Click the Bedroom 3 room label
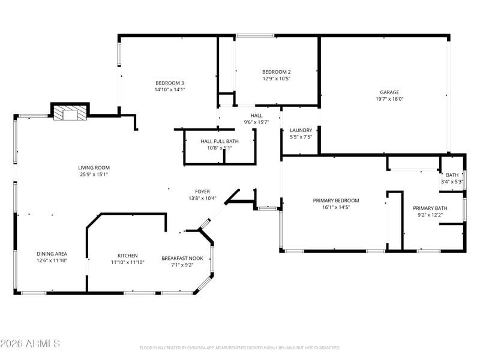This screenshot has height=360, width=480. click(x=170, y=83)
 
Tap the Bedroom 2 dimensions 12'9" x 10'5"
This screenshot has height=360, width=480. click(x=277, y=79)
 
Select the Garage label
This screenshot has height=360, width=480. click(x=389, y=92)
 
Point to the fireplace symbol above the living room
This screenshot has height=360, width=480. click(x=70, y=113)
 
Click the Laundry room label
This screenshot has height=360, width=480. click(x=301, y=130)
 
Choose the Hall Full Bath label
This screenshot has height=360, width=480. click(x=220, y=141)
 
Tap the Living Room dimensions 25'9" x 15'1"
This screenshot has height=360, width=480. click(x=94, y=175)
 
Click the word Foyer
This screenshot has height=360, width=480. click(x=202, y=191)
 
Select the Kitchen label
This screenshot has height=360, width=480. click(x=128, y=256)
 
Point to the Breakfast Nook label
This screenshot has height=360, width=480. click(x=182, y=259)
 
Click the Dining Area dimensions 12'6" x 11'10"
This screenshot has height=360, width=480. click(x=52, y=260)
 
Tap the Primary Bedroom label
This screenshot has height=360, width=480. click(x=336, y=200)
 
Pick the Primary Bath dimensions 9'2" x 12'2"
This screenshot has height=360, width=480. click(x=430, y=215)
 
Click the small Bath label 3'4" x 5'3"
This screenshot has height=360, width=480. click(x=452, y=178)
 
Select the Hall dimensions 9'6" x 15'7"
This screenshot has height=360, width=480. click(x=256, y=122)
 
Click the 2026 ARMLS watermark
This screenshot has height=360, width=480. click(x=30, y=343)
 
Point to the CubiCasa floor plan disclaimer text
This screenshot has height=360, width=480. click(x=239, y=348)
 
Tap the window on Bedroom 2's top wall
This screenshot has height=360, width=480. click(x=255, y=36)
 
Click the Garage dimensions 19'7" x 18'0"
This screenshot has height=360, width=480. click(x=389, y=99)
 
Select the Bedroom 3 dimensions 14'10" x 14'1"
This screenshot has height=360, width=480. click(x=170, y=89)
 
